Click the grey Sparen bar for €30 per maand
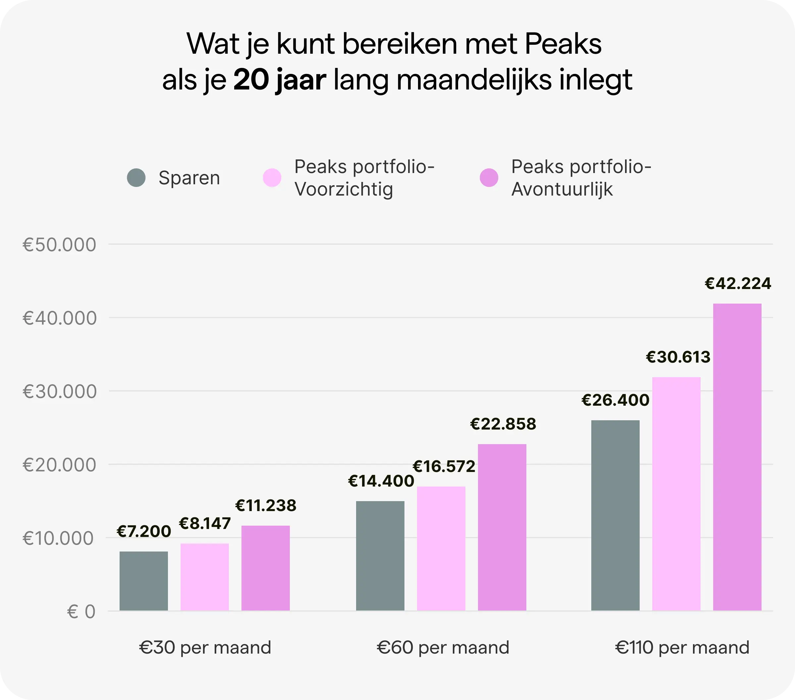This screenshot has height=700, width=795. (143, 581)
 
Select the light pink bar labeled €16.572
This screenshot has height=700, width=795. (441, 548)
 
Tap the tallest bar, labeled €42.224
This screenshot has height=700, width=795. (737, 457)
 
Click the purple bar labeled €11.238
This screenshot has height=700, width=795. (265, 568)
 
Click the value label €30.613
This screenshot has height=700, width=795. (678, 357)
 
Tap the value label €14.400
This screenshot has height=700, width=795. (381, 481)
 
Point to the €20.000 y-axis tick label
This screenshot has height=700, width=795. (59, 465)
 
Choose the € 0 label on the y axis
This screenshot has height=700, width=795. (81, 612)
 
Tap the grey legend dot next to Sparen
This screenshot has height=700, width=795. (136, 178)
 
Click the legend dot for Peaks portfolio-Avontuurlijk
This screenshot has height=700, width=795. (489, 178)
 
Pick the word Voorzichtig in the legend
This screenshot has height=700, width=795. (344, 190)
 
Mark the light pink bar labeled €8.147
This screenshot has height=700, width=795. (205, 577)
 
